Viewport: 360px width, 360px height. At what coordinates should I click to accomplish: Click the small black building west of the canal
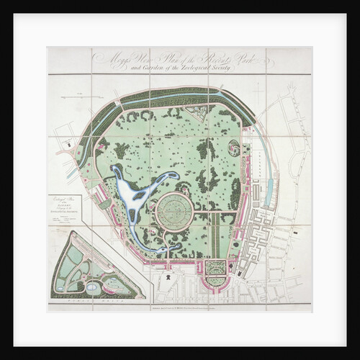(68, 145)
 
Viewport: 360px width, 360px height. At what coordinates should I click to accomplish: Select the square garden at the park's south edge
(215, 268)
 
